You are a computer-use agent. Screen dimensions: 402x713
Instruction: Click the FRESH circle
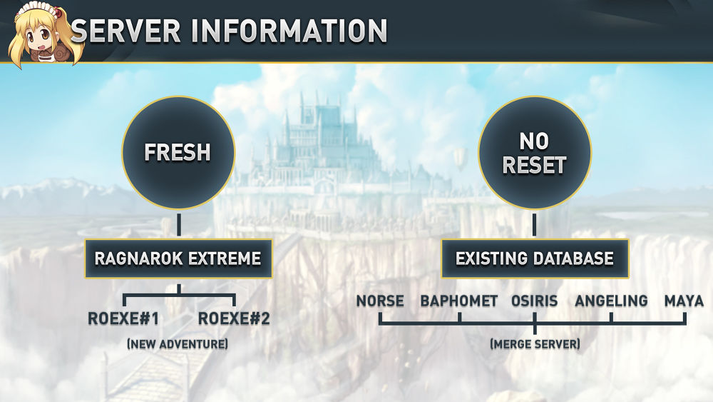[x=178, y=153]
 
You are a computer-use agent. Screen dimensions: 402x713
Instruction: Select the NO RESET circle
[x=534, y=153]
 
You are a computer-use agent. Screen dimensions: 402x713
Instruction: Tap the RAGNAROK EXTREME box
[x=178, y=258]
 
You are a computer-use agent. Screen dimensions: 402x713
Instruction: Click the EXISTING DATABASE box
[x=535, y=258]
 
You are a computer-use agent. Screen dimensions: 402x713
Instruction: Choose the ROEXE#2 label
[x=234, y=319]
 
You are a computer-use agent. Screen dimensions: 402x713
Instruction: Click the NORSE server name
[x=380, y=301]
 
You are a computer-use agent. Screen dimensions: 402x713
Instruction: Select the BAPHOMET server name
[x=459, y=301]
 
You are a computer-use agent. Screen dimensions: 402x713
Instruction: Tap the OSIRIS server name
[x=535, y=301]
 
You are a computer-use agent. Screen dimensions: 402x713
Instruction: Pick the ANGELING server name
[x=611, y=301]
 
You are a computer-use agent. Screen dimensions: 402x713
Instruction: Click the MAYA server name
[x=684, y=301]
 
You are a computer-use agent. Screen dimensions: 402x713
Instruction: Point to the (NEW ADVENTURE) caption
[x=178, y=344]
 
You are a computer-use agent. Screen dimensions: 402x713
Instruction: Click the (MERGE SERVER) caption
[x=535, y=344]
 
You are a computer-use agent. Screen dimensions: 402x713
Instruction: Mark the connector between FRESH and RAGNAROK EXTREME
[x=178, y=223]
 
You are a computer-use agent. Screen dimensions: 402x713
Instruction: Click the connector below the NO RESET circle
[x=534, y=223]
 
